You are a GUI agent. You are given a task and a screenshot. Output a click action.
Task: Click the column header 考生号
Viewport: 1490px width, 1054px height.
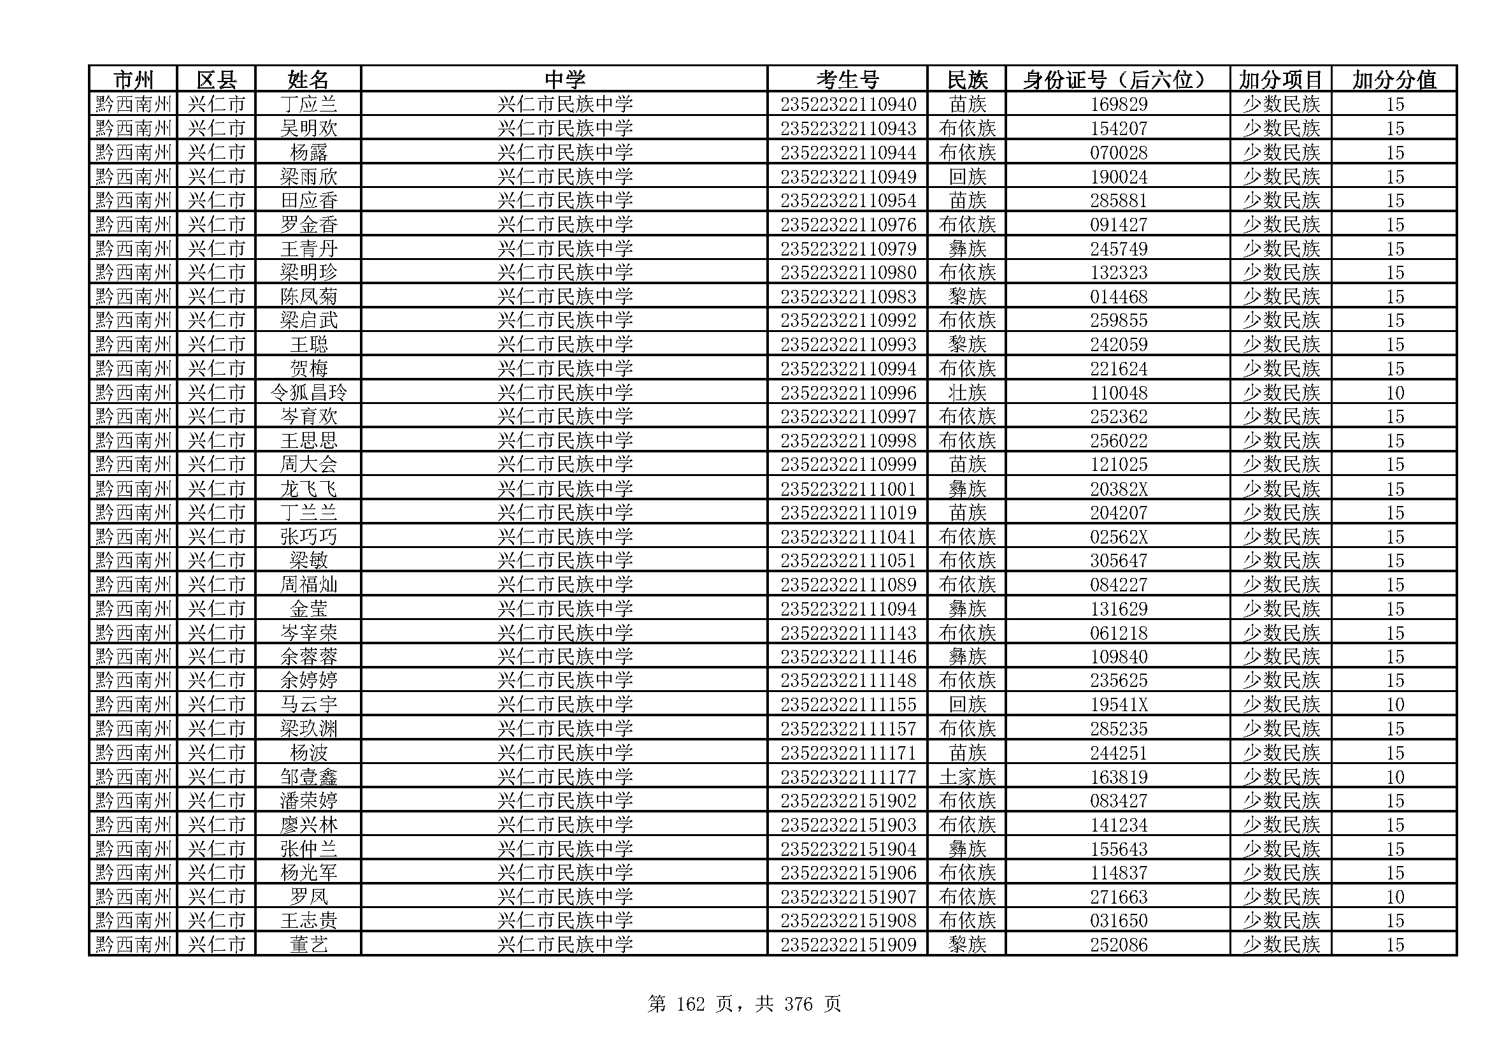click(x=847, y=80)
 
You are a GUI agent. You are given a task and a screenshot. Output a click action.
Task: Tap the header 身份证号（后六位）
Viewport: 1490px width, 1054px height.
click(x=1117, y=80)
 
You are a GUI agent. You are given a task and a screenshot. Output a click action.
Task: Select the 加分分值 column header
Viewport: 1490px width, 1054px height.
click(x=1394, y=80)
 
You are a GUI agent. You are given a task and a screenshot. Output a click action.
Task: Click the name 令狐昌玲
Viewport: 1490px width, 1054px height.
click(x=308, y=393)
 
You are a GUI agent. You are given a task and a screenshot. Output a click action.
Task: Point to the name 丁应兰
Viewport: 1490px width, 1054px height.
click(x=308, y=105)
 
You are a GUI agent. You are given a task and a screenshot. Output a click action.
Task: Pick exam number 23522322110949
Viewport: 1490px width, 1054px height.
click(x=847, y=177)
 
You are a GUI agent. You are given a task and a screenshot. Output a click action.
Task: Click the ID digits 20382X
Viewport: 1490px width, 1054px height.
click(x=1118, y=489)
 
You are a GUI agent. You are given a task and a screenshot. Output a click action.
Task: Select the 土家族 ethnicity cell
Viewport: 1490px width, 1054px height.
click(x=966, y=777)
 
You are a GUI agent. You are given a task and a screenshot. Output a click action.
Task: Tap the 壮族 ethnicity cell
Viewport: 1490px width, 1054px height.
click(x=966, y=393)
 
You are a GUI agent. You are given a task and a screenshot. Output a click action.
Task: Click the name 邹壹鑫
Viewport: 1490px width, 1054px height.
click(x=308, y=777)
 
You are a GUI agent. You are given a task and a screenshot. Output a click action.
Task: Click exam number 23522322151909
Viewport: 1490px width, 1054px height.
click(x=847, y=945)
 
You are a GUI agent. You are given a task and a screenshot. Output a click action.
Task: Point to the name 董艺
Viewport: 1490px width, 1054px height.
click(x=308, y=945)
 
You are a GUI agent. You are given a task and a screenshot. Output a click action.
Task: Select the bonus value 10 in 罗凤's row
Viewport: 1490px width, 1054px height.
click(x=1395, y=897)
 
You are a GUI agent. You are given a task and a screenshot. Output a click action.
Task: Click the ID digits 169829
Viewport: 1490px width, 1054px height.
click(x=1118, y=105)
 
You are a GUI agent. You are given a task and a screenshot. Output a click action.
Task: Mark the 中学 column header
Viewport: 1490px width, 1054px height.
click(x=564, y=80)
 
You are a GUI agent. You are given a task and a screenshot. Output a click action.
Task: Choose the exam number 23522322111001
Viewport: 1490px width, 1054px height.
click(x=847, y=489)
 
